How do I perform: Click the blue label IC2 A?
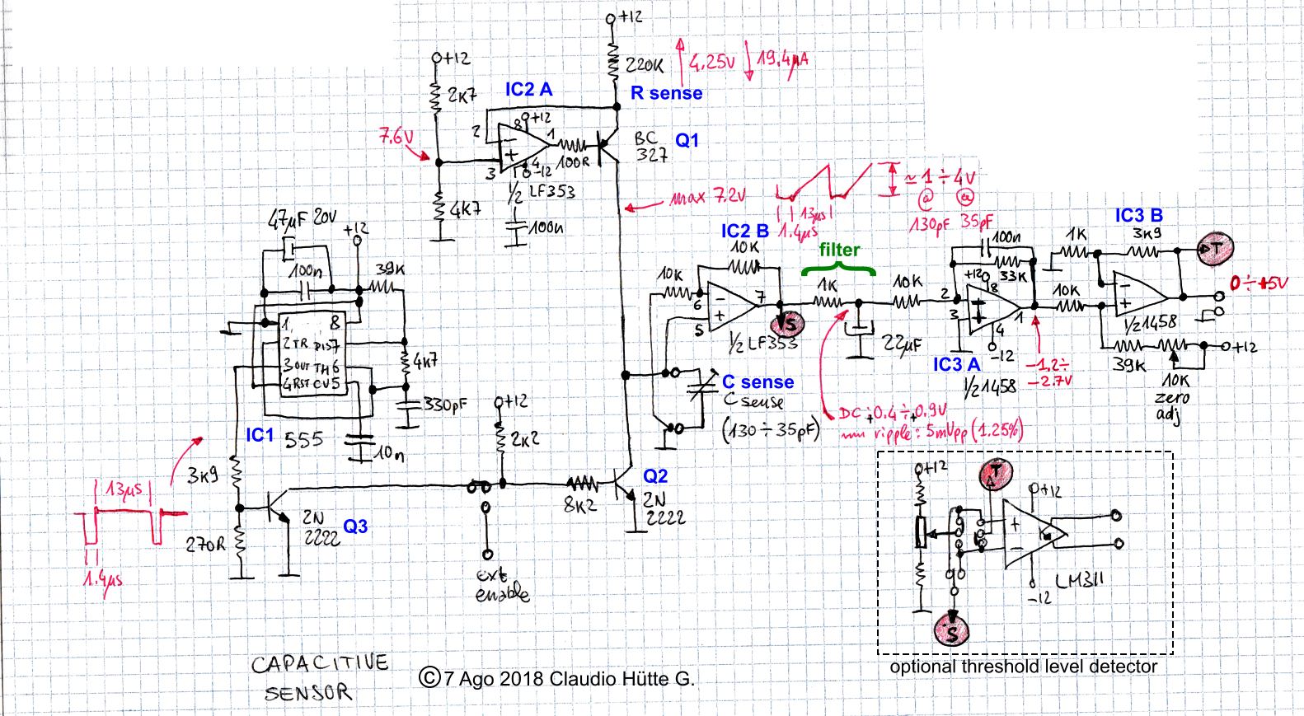click(x=528, y=90)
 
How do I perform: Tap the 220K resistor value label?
click(x=645, y=65)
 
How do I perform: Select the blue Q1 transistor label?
click(x=687, y=141)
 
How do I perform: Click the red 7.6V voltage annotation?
click(x=396, y=137)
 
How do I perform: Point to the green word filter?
click(x=839, y=250)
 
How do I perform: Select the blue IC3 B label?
click(x=1138, y=216)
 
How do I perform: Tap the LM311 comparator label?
click(x=1078, y=581)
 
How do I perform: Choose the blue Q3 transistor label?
click(x=355, y=526)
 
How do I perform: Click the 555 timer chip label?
click(x=303, y=439)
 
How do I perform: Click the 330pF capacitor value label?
click(x=445, y=405)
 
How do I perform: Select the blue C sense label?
click(x=758, y=382)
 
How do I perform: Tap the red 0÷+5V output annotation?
click(x=1258, y=283)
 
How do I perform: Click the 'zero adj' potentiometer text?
click(x=1172, y=405)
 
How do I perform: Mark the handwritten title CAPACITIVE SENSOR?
click(x=317, y=677)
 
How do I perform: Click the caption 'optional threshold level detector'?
click(x=1023, y=667)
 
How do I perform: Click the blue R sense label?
click(x=666, y=93)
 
